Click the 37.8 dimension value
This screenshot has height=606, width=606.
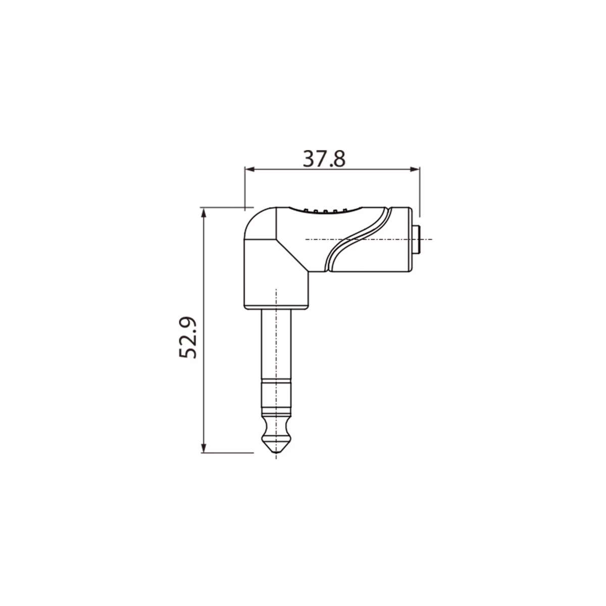(x=324, y=159)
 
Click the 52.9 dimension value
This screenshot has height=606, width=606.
(x=188, y=337)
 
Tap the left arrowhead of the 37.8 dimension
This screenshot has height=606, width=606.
(x=249, y=170)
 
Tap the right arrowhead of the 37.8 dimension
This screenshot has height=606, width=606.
(x=415, y=170)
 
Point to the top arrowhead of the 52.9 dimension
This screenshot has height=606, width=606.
(x=204, y=213)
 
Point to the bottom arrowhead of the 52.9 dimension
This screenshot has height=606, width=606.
(x=204, y=447)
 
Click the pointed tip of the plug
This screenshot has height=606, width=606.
(x=276, y=453)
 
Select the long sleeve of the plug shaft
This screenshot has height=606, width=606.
(x=276, y=345)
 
